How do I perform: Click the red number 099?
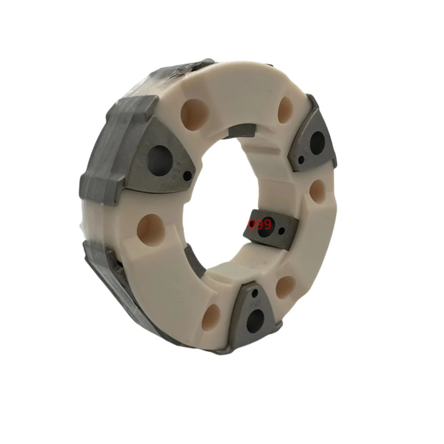[x=260, y=225]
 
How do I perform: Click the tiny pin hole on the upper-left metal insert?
[x=187, y=176]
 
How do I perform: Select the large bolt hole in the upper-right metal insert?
[x=317, y=142]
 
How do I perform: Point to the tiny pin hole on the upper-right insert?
[x=302, y=160]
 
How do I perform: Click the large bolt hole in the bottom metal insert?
[x=255, y=318]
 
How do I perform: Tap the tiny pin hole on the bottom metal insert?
[x=255, y=293]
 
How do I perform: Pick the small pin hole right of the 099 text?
[x=282, y=231]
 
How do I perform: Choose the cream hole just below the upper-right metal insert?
[x=318, y=191]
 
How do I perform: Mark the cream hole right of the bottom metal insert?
[x=285, y=287]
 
